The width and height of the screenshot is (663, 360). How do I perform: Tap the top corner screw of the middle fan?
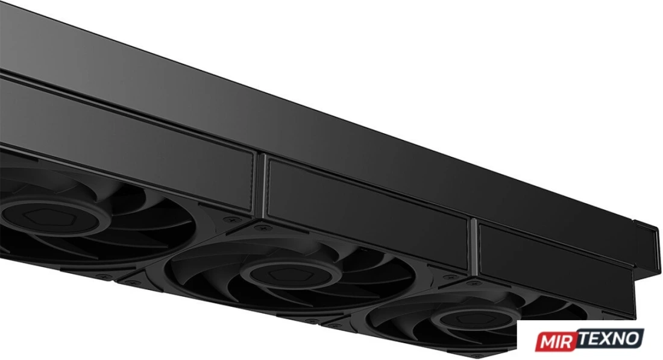point(263,228)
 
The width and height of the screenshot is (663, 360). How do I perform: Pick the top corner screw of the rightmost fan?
point(473,283)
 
